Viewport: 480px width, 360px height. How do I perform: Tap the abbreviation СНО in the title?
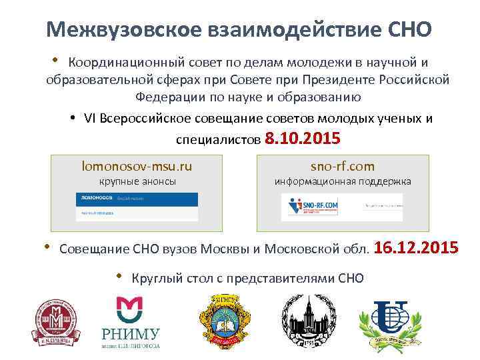(409, 30)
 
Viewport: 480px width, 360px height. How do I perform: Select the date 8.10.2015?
(303, 139)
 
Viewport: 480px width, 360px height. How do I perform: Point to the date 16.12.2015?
(417, 249)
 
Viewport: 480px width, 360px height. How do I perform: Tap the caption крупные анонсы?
(137, 181)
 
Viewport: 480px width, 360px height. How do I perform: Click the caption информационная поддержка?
(343, 181)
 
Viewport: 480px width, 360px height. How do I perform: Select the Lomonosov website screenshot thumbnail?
(136, 206)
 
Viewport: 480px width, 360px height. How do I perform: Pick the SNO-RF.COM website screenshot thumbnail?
(341, 207)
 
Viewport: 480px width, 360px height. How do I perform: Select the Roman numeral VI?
(90, 119)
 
